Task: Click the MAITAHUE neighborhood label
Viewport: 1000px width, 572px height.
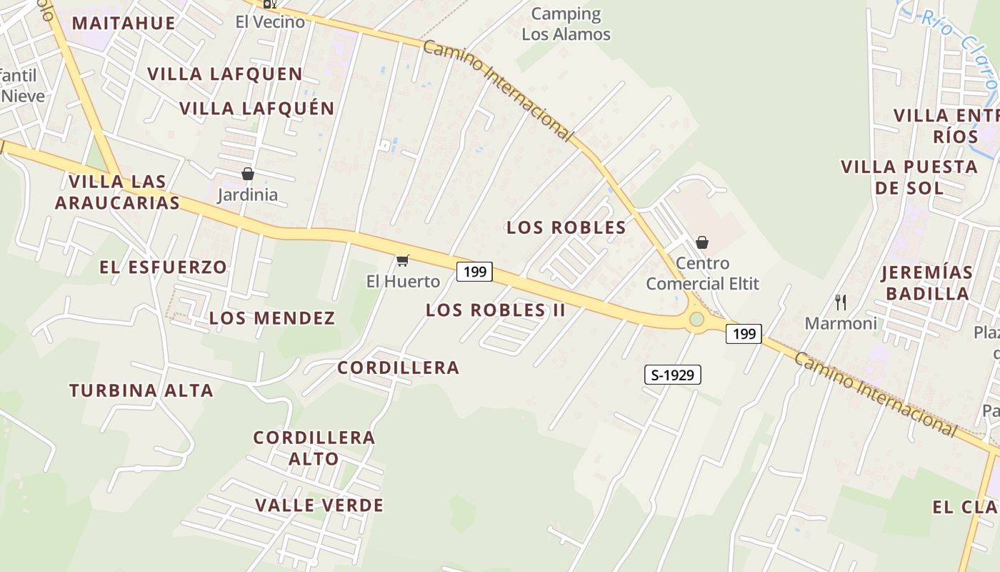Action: [x=124, y=23]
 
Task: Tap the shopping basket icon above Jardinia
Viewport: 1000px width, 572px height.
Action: [x=248, y=174]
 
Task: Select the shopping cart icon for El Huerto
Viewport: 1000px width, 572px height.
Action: [x=403, y=260]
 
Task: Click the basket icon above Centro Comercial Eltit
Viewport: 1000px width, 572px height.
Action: [x=702, y=242]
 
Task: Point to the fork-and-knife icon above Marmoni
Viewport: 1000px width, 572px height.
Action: [x=841, y=302]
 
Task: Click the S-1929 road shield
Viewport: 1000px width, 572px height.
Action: [x=673, y=375]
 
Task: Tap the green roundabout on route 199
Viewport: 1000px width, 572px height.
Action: [x=696, y=319]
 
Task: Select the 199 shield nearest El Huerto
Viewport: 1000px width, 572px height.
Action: [x=475, y=272]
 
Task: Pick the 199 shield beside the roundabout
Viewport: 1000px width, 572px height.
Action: [x=744, y=333]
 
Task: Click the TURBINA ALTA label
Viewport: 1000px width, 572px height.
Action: [x=141, y=391]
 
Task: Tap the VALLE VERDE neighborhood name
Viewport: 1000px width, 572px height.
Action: [x=319, y=506]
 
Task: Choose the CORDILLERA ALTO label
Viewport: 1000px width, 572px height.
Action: [x=314, y=448]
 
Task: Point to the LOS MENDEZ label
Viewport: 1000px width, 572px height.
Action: [x=272, y=318]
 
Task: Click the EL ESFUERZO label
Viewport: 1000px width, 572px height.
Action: [x=163, y=267]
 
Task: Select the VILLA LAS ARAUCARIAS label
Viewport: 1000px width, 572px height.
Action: [x=118, y=192]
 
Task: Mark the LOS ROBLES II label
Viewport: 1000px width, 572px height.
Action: [x=496, y=310]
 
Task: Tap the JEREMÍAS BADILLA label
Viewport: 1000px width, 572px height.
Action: [x=926, y=283]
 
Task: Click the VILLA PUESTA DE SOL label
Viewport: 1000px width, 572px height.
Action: [x=909, y=177]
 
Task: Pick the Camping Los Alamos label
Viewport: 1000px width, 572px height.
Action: [x=566, y=24]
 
